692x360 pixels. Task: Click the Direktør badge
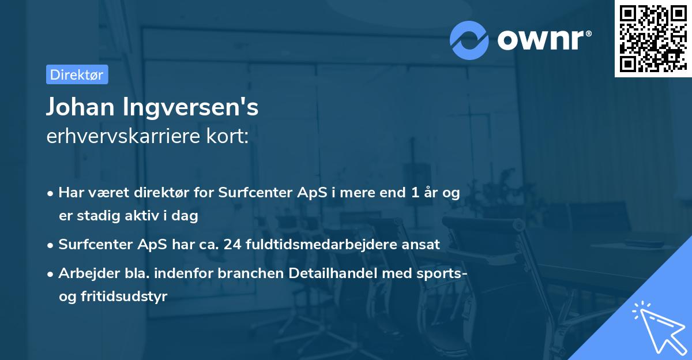tap(77, 74)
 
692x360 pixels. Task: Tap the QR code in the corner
tap(652, 39)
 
